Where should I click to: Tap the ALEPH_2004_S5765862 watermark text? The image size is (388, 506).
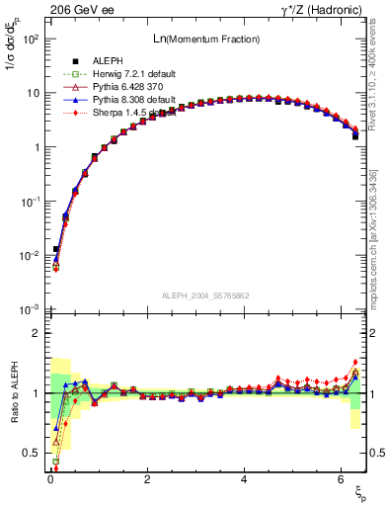pyautogui.click(x=205, y=295)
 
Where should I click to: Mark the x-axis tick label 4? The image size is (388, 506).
pyautogui.click(x=244, y=479)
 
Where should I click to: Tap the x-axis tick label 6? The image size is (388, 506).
pyautogui.click(x=341, y=479)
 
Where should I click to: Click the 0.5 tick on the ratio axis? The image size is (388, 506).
pyautogui.click(x=32, y=453)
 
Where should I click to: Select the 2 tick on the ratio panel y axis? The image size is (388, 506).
pyautogui.click(x=36, y=334)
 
